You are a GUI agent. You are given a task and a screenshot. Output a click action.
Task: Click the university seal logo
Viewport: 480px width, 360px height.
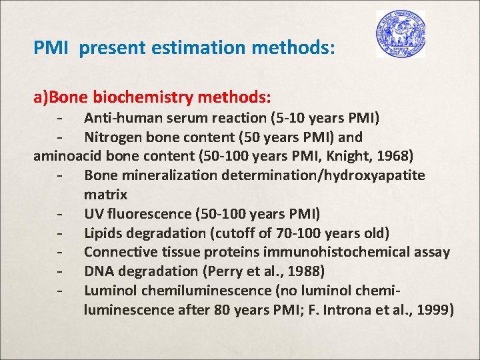(x=400, y=33)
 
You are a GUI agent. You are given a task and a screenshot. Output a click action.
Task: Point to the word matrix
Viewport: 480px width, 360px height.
(x=105, y=195)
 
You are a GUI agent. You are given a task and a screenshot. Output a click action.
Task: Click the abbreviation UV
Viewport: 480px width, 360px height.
(x=94, y=215)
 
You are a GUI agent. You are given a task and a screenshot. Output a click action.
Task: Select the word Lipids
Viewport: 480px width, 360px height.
(x=103, y=233)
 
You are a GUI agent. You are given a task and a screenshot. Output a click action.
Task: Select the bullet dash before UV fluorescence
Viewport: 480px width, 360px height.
(x=61, y=215)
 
